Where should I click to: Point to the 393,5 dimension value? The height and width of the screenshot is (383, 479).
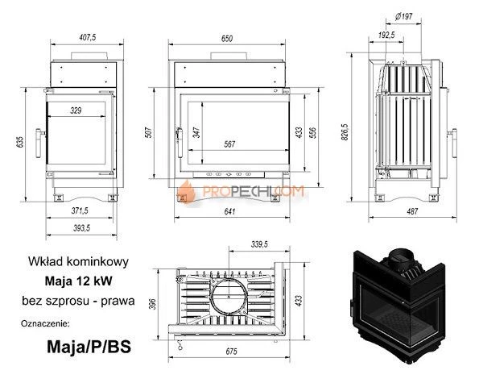click(x=78, y=228)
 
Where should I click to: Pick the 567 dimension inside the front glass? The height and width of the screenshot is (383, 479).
click(x=230, y=144)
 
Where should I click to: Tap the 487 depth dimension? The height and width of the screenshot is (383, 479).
click(x=411, y=212)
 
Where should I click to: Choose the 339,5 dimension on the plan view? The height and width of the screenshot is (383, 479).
click(x=259, y=243)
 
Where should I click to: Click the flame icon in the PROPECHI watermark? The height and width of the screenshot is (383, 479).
click(x=187, y=192)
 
